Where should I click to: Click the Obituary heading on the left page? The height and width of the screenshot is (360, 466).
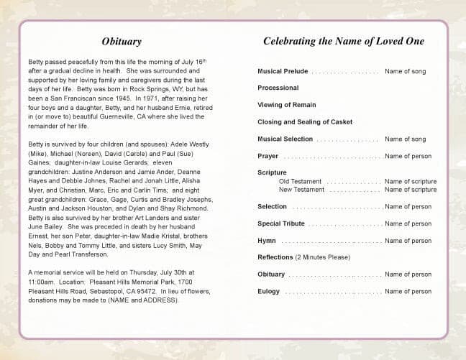tap(122, 42)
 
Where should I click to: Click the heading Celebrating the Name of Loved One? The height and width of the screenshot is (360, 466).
tap(343, 42)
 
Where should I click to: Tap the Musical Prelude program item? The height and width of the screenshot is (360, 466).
tap(283, 71)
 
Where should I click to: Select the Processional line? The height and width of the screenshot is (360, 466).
tap(278, 88)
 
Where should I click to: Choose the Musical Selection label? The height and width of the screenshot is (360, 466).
tap(285, 139)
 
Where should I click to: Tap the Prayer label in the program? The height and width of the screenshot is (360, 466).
tap(268, 156)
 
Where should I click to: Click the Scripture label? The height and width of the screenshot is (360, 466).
tap(272, 172)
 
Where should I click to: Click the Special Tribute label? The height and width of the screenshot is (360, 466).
tap(281, 223)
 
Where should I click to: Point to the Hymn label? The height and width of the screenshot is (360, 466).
tap(266, 241)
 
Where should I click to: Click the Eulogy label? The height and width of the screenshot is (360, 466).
tap(268, 292)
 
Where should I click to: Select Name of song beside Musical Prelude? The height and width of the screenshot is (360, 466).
tap(405, 71)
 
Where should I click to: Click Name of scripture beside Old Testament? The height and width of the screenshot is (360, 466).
tap(410, 182)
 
